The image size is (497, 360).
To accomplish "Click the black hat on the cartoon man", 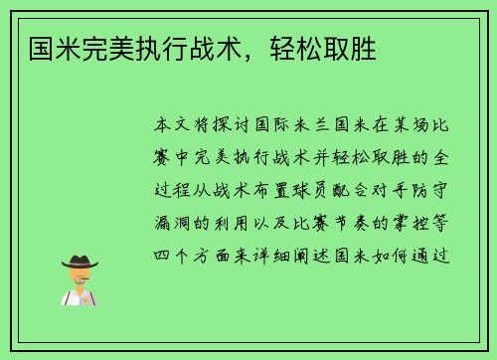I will pyautogui.click(x=81, y=261).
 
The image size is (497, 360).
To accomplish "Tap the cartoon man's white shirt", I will pyautogui.click(x=81, y=296).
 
